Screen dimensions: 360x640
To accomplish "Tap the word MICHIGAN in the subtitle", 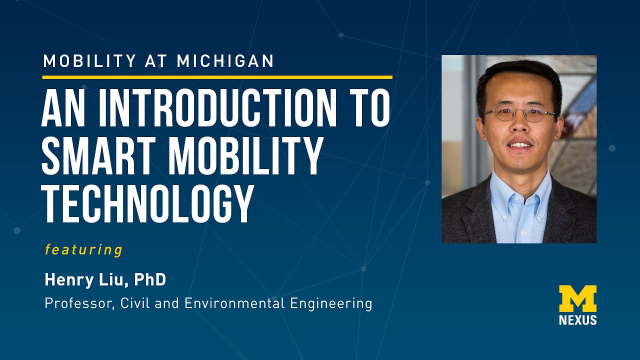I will coord(225,61).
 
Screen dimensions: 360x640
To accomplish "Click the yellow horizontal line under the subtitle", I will coord(217,77).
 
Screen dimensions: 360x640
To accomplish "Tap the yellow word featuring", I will coord(83,249).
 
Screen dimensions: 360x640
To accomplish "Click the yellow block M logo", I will coord(577,298).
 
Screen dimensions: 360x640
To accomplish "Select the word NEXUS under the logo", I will coord(577,320).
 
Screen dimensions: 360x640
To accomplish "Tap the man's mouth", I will coord(520,145).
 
